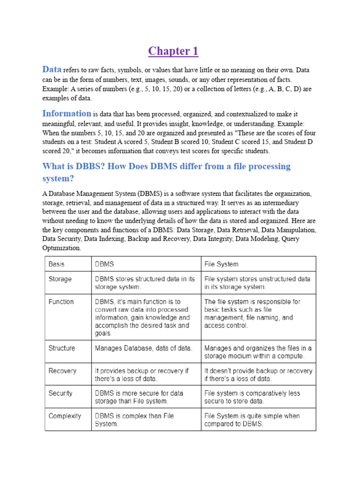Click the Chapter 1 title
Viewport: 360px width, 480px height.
coord(173,51)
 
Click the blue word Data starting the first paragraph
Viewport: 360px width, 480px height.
coord(52,69)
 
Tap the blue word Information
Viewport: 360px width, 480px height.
coord(67,113)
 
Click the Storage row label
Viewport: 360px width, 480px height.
coord(60,279)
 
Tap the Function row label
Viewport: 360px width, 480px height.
coord(61,301)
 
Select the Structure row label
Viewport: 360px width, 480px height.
coord(61,348)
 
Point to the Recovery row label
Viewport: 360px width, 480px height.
coord(62,371)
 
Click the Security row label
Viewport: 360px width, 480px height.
coord(60,393)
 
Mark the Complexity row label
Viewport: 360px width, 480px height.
coord(65,416)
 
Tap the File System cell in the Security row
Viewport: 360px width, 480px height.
coord(258,397)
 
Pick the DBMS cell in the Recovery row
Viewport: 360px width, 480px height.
coord(145,375)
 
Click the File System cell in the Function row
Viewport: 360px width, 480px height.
coord(258,313)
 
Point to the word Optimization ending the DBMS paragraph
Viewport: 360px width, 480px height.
coord(61,248)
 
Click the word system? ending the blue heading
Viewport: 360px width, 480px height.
coord(59,179)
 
